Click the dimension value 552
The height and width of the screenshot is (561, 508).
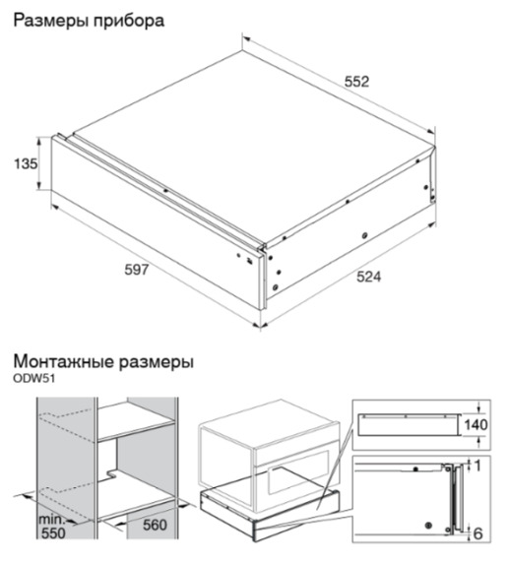[x=356, y=82]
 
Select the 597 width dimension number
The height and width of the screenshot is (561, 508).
[x=137, y=270]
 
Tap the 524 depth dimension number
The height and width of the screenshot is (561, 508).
[x=369, y=277]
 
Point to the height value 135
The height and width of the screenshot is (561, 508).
[x=26, y=163]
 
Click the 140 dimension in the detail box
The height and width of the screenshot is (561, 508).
[x=476, y=424]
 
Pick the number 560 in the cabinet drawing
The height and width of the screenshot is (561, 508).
[x=155, y=525]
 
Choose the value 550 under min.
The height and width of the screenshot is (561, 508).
[x=53, y=533]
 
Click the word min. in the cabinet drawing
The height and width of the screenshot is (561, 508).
[x=51, y=519]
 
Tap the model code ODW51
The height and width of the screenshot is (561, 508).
[x=34, y=379]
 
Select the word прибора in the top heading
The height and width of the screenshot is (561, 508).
[x=129, y=22]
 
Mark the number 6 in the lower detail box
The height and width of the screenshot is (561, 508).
[x=477, y=533]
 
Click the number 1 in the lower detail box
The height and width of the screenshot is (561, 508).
[x=477, y=466]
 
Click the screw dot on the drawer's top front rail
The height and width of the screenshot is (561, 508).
[x=165, y=191]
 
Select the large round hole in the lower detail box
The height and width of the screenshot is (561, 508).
[x=428, y=526]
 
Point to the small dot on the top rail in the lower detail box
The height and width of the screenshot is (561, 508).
[x=415, y=468]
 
